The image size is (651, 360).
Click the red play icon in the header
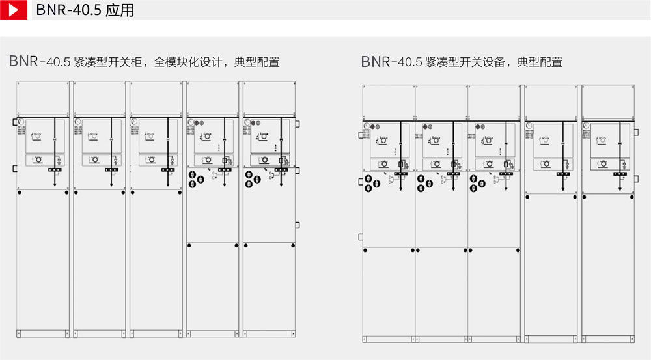click(13, 10)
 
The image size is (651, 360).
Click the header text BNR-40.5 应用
click(85, 10)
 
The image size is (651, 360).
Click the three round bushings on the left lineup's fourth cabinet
click(196, 179)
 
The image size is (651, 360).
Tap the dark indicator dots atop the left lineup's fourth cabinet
click(197, 122)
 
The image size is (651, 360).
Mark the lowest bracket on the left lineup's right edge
click(297, 225)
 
